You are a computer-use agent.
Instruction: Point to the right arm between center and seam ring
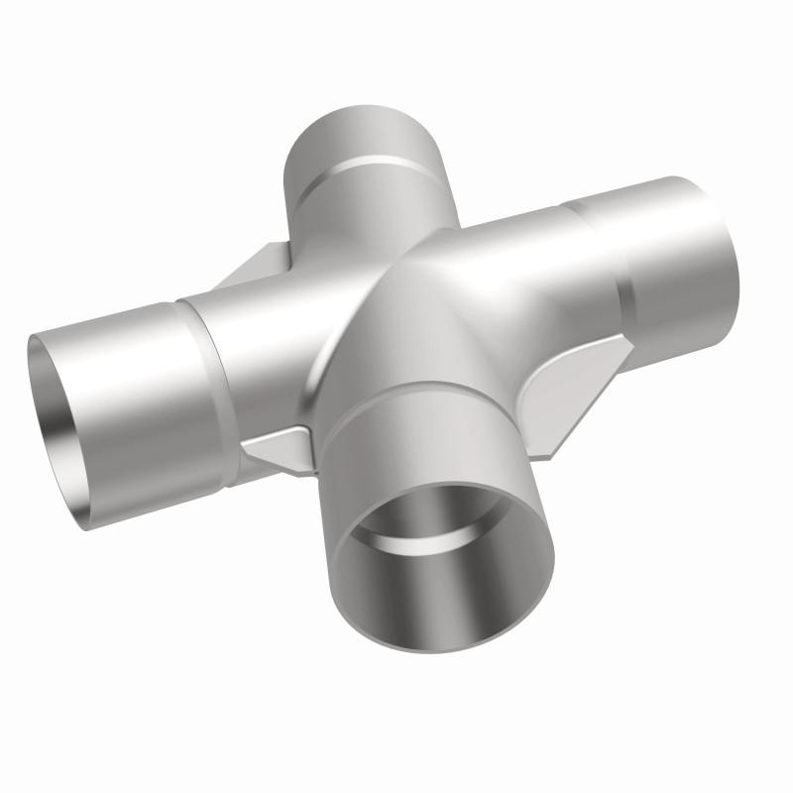515,258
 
